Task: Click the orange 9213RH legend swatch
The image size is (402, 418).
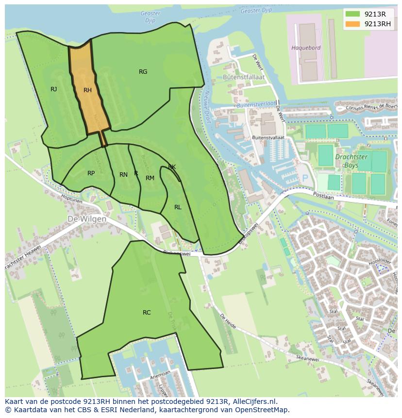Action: coord(353,24)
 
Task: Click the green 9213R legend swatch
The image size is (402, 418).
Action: coord(353,14)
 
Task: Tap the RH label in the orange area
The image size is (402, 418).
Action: coord(87,90)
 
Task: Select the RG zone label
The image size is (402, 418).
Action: coord(143,72)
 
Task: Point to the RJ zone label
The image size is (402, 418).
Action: coord(53,89)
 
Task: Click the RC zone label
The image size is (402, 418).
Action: coord(147,313)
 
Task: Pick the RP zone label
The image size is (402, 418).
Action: coord(91,173)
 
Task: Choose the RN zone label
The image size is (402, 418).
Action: coord(123,175)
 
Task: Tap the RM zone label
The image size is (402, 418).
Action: coord(150,178)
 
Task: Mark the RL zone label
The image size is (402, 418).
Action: coord(178,207)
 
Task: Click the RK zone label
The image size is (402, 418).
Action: coord(172,167)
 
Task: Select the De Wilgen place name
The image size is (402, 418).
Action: coord(87,219)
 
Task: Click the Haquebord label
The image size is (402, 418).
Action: coord(305,48)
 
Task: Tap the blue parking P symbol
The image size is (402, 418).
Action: coord(305,179)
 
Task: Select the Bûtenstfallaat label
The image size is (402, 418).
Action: coord(236,77)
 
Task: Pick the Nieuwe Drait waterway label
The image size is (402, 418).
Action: coord(207,106)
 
